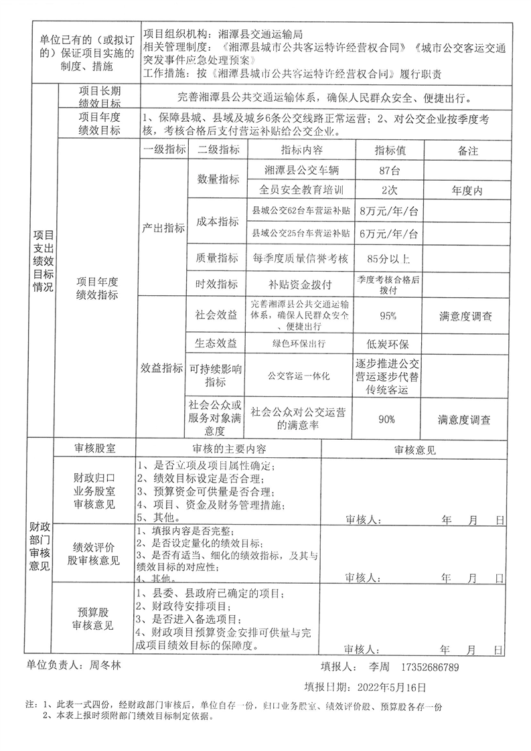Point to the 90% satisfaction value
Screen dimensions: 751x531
pyautogui.click(x=387, y=420)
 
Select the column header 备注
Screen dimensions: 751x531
pyautogui.click(x=468, y=151)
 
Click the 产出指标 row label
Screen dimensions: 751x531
pyautogui.click(x=163, y=228)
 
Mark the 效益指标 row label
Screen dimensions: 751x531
pyautogui.click(x=163, y=367)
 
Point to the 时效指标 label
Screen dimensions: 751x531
pyautogui.click(x=216, y=284)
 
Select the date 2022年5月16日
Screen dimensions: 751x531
pyautogui.click(x=388, y=687)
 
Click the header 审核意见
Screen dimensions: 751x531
pyautogui.click(x=414, y=450)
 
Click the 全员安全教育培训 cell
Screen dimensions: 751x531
pyautogui.click(x=299, y=190)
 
